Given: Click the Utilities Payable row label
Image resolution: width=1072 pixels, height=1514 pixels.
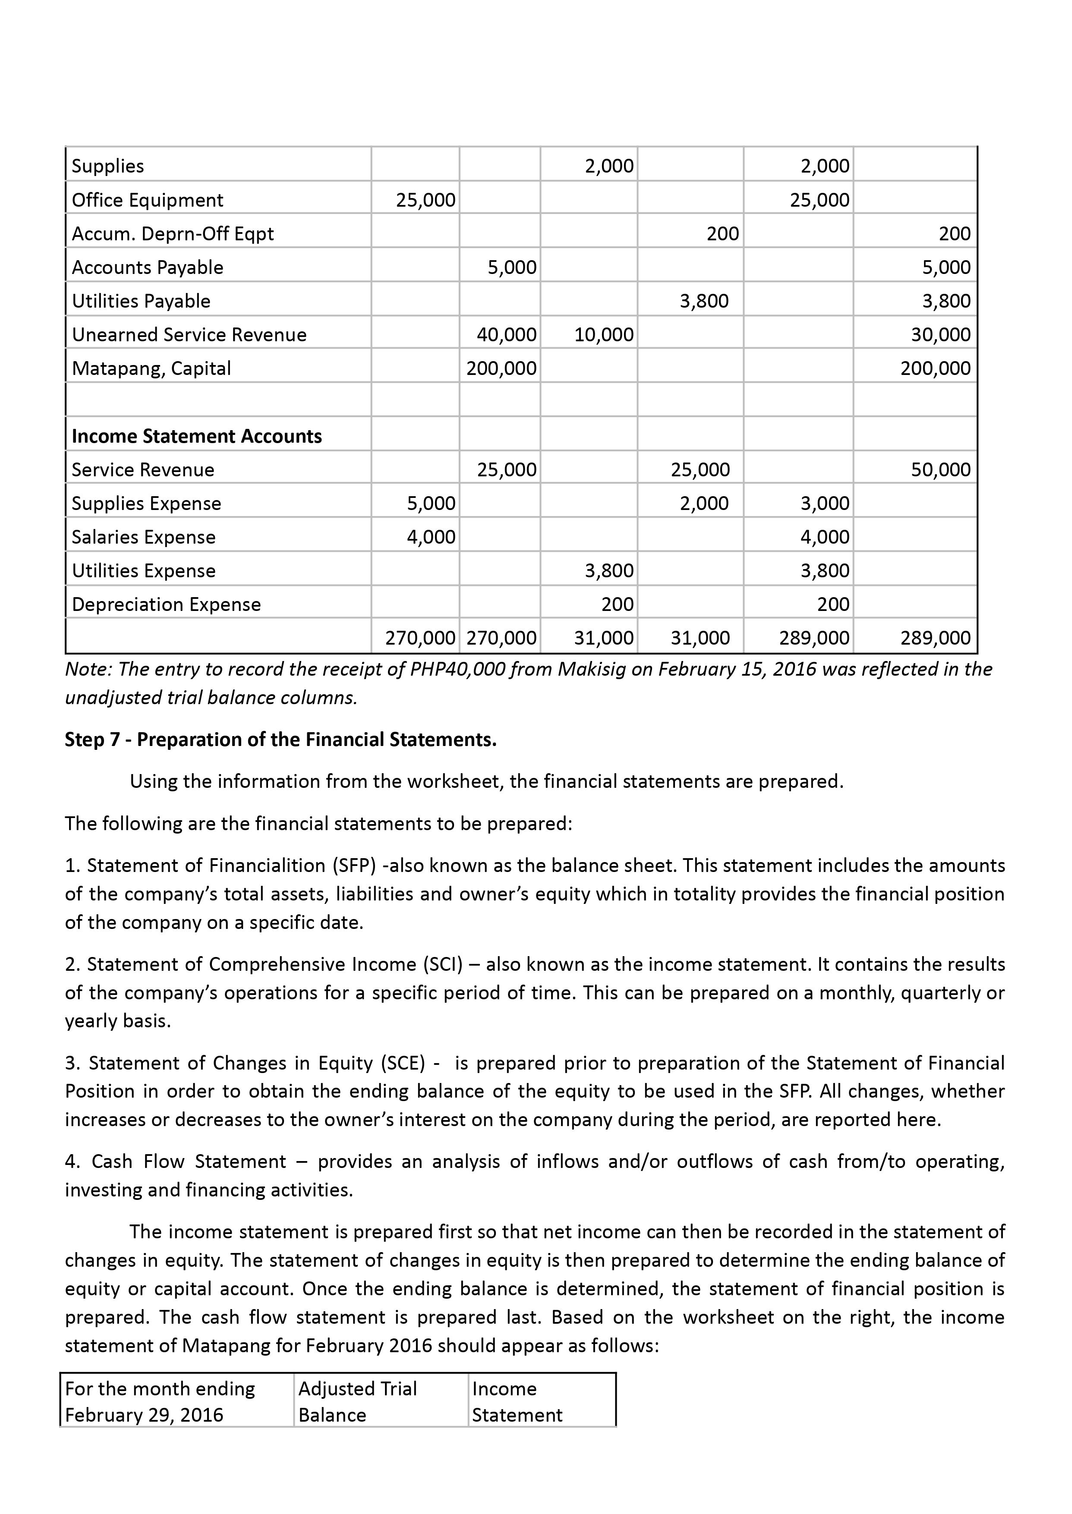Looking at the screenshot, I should [141, 301].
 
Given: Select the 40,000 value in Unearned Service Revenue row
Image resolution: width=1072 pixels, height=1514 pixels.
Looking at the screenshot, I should [506, 335].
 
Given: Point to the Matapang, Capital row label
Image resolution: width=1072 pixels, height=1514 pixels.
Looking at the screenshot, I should [151, 368].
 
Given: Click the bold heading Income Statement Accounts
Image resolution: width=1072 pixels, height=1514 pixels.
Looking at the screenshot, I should [197, 436].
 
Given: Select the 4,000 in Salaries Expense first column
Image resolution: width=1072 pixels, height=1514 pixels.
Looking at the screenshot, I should [430, 537].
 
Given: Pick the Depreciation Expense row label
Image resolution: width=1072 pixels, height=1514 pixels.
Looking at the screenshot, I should [166, 604].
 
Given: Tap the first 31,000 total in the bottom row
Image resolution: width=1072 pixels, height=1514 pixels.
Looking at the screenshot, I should [603, 638].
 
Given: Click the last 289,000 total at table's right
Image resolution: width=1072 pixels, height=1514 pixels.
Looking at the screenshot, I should [935, 638].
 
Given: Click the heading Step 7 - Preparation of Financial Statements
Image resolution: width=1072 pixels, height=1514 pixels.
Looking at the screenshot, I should [281, 740].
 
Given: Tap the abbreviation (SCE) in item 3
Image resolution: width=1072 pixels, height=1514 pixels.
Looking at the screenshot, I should [404, 1063].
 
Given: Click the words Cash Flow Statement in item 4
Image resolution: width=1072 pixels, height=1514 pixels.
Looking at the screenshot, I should [189, 1161].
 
